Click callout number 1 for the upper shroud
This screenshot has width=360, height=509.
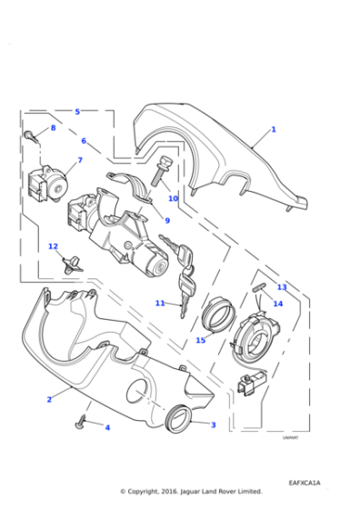pos(273,130)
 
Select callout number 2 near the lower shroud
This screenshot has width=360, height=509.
pos(49,398)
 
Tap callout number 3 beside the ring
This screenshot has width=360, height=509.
pos(213,424)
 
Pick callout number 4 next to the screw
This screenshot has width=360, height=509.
pos(106,427)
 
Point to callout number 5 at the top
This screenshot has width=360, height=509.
pos(77,112)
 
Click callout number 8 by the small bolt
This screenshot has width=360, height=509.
pos(53,128)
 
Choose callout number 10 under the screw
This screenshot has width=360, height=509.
pos(173,198)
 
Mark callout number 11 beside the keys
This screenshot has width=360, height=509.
pos(160,303)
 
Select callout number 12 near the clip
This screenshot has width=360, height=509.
pos(53,246)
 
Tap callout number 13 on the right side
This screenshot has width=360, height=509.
pos(282,287)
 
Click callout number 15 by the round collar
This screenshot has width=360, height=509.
pos(200,341)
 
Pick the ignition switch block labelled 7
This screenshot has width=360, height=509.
pos(45,182)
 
